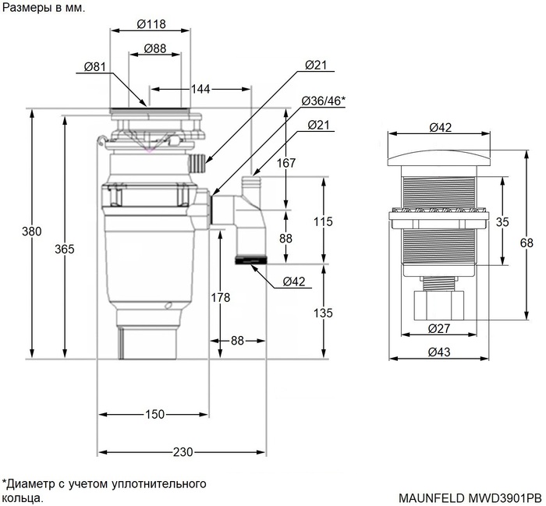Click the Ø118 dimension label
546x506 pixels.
(x=151, y=23)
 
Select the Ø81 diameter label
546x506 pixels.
(x=94, y=67)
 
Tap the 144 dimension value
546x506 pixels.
(x=200, y=90)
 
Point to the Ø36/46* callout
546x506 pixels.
(x=324, y=101)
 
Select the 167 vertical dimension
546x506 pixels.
(x=286, y=163)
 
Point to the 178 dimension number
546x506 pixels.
(x=221, y=296)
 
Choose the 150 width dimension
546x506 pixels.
(x=154, y=414)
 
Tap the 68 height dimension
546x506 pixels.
(x=527, y=243)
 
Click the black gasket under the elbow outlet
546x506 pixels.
(x=250, y=259)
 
